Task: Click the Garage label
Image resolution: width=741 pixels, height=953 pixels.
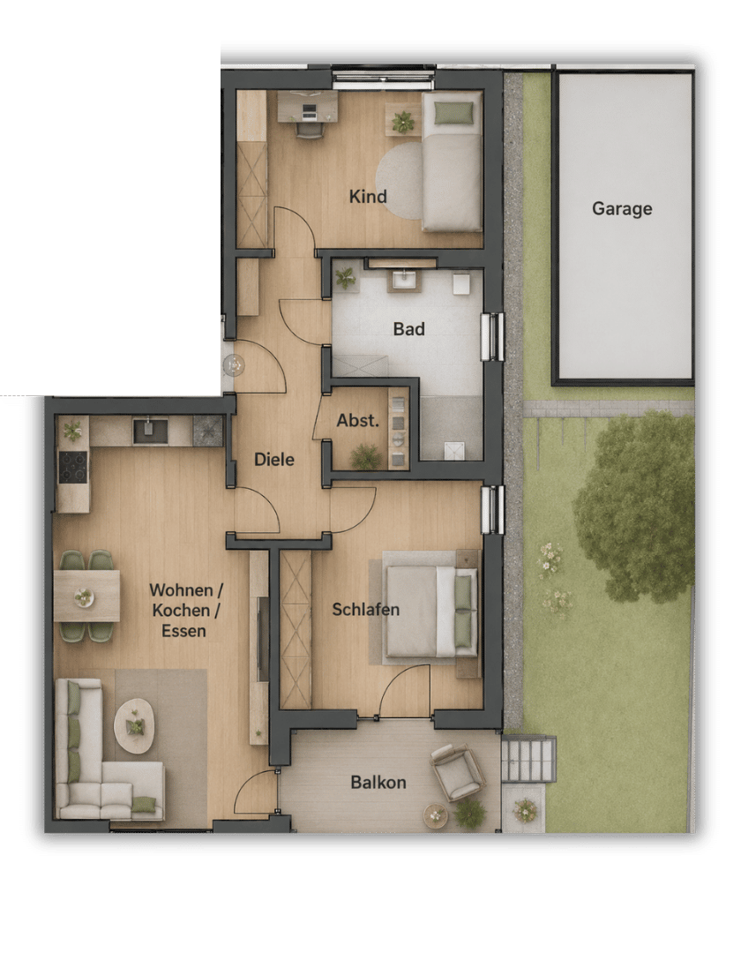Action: tap(622, 208)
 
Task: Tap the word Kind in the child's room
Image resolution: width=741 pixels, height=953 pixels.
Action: tap(368, 196)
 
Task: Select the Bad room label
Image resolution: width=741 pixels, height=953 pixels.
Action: tap(408, 329)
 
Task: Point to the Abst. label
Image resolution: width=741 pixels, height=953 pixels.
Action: tap(358, 420)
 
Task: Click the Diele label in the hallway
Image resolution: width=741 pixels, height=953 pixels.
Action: tap(274, 460)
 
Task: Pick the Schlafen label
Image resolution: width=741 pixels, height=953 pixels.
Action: tap(365, 610)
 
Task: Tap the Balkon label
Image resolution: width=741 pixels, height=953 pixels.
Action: tap(378, 782)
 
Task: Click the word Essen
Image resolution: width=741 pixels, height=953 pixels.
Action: tap(183, 631)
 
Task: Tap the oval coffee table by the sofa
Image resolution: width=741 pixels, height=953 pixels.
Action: tap(134, 725)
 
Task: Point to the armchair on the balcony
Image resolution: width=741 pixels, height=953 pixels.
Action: tap(457, 772)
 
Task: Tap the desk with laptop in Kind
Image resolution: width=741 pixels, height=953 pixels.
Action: tap(308, 107)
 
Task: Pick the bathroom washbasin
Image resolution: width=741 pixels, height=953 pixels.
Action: tap(404, 281)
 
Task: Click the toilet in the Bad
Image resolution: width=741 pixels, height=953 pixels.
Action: tap(461, 284)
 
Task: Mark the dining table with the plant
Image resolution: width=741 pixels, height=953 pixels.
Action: tap(86, 596)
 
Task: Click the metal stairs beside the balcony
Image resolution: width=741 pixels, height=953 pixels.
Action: tap(528, 759)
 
